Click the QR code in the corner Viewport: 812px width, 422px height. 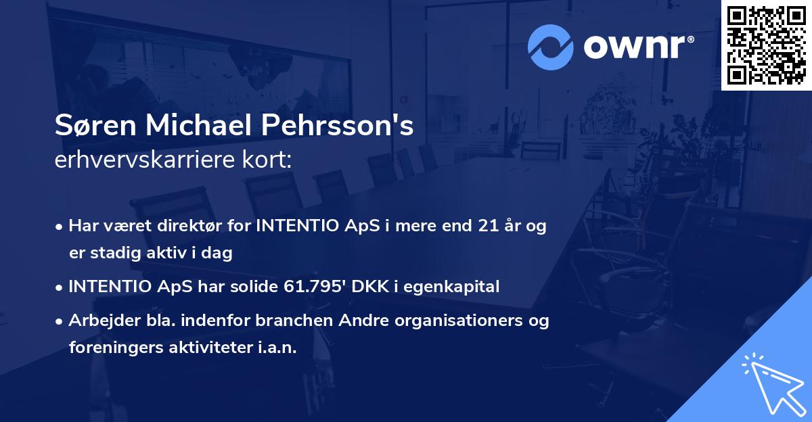point(767,45)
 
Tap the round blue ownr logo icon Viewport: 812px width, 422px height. point(551,47)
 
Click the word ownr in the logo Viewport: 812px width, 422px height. point(638,47)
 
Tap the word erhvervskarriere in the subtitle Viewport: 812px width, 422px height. point(145,160)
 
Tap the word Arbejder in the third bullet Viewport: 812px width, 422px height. point(98,321)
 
